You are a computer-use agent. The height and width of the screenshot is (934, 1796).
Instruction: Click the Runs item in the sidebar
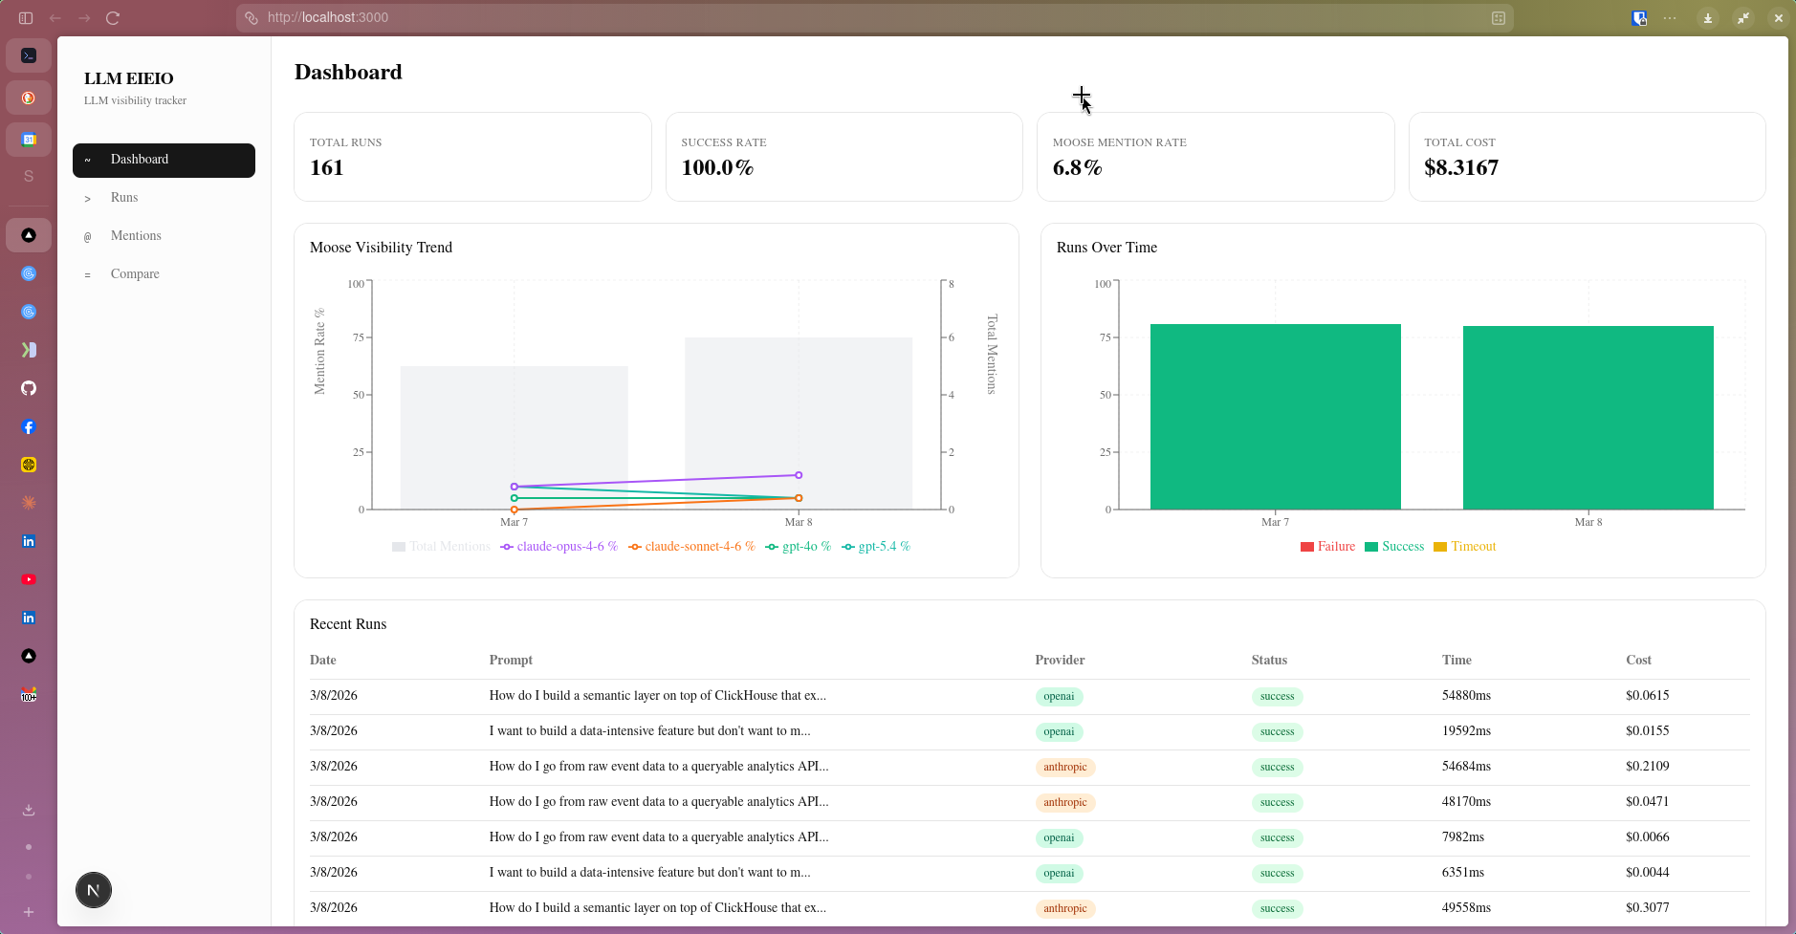coord(124,198)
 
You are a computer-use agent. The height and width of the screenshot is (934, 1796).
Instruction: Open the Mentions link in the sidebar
coord(136,236)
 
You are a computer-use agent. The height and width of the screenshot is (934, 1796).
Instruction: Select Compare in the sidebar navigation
coord(135,274)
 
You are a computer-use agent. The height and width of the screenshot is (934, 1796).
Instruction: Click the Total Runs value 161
coord(326,168)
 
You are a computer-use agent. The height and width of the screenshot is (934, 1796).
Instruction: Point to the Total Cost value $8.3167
coord(1460,168)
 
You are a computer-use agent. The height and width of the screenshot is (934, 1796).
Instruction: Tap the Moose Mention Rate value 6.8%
coord(1077,168)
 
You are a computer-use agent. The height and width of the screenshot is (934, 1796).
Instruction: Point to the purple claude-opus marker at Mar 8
coord(799,475)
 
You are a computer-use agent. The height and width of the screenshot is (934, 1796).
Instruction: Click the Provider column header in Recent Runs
coord(1060,661)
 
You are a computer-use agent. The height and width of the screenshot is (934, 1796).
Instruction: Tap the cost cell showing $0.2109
coord(1647,767)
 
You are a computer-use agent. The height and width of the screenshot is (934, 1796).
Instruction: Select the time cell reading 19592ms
coord(1466,731)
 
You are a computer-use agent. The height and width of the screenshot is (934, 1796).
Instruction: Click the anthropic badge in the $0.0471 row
coord(1064,803)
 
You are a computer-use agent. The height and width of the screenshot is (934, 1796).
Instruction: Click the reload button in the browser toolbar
coord(113,18)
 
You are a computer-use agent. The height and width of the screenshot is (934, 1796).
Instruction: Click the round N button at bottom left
coord(94,890)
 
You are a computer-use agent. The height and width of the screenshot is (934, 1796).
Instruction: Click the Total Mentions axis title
coord(992,354)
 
